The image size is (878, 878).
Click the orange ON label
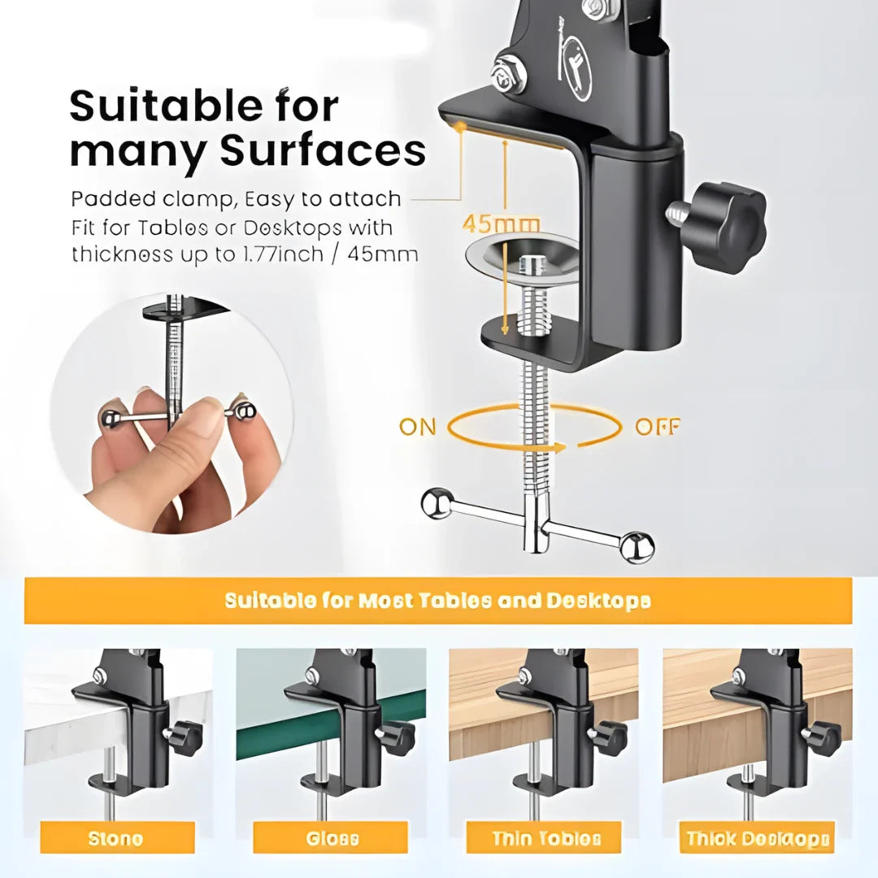(417, 427)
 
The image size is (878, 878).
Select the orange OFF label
(658, 427)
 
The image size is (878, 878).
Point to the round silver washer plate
(521, 254)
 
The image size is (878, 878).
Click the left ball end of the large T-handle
(437, 502)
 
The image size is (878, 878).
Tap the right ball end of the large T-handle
(637, 546)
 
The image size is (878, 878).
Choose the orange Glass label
(331, 838)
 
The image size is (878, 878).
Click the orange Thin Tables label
(545, 838)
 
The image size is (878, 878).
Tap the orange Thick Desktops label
(758, 838)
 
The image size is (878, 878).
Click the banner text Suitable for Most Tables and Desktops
(437, 601)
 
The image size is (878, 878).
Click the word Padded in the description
(109, 199)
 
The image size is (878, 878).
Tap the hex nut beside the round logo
(510, 75)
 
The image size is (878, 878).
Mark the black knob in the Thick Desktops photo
(823, 737)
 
